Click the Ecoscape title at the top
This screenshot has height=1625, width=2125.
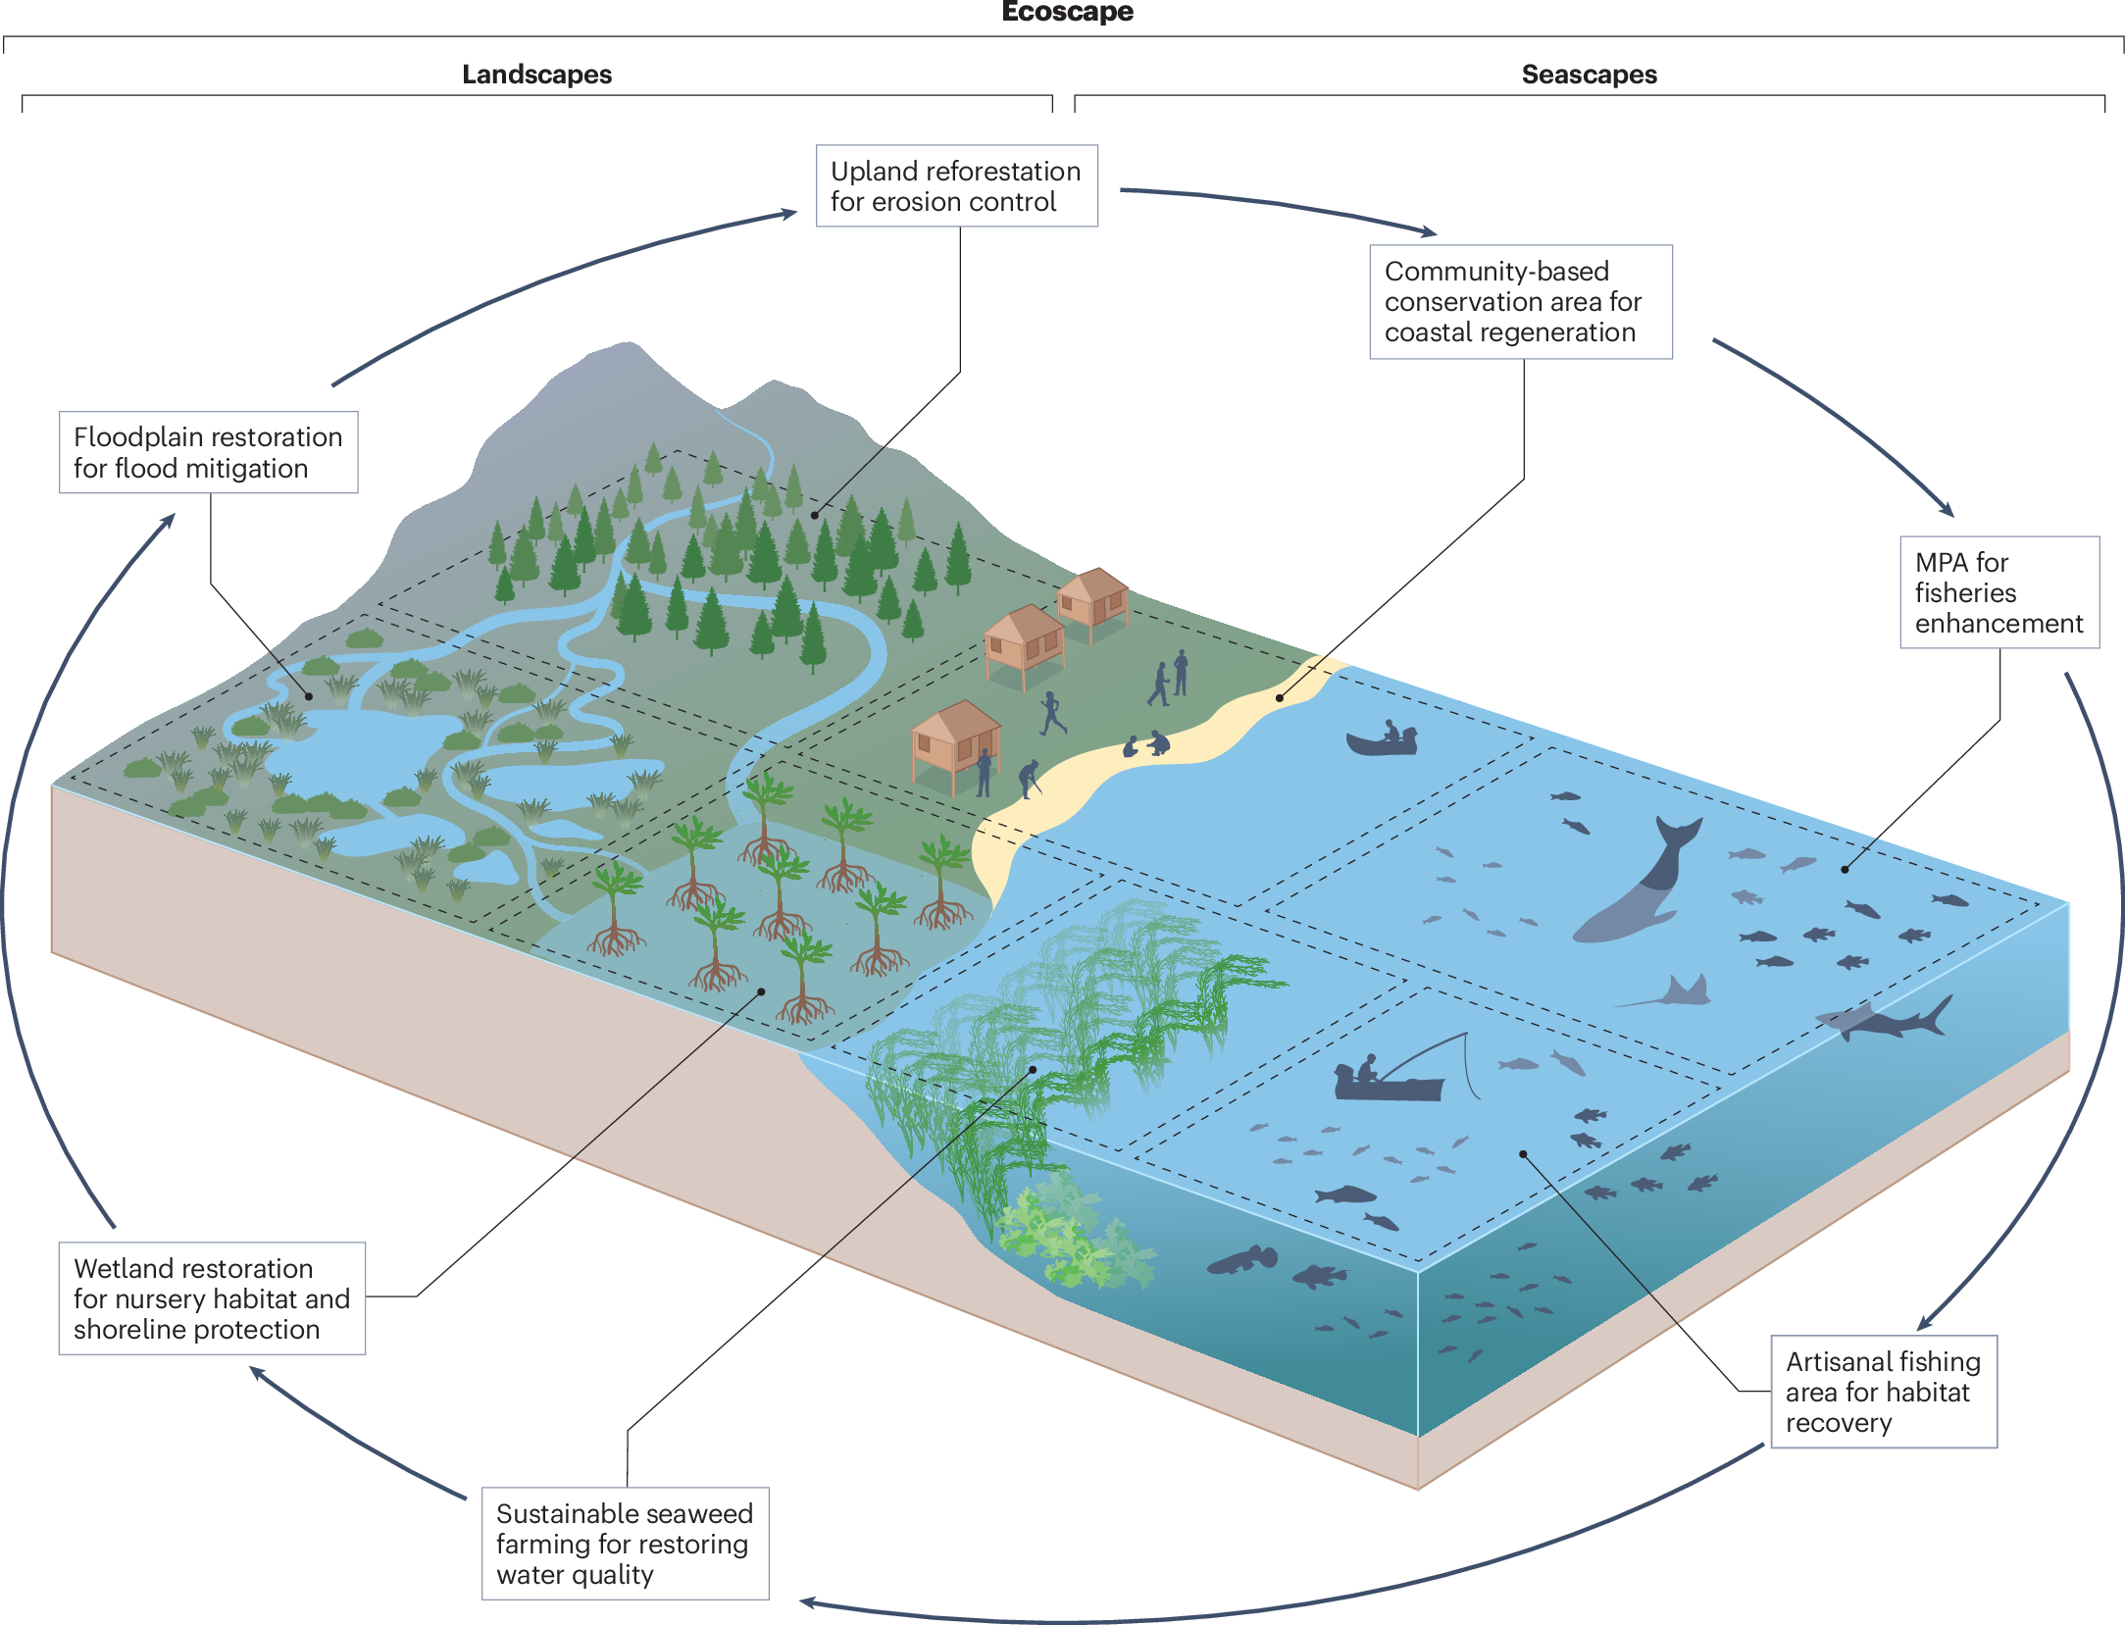(1067, 12)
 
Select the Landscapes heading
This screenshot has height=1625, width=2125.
(536, 75)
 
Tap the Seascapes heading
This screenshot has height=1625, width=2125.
(1589, 75)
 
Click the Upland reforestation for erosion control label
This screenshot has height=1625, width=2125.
(956, 186)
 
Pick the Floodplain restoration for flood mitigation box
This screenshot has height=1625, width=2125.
(208, 452)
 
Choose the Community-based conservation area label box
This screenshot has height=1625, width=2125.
(1520, 302)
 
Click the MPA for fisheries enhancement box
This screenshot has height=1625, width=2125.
(1999, 592)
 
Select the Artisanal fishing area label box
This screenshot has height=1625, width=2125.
(1883, 1391)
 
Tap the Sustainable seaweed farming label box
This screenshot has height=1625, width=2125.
(625, 1544)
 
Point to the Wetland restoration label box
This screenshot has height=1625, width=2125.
(212, 1298)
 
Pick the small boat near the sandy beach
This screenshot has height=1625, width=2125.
(1382, 740)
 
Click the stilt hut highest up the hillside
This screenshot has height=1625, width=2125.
(1093, 595)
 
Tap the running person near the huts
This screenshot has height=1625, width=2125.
(1052, 713)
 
